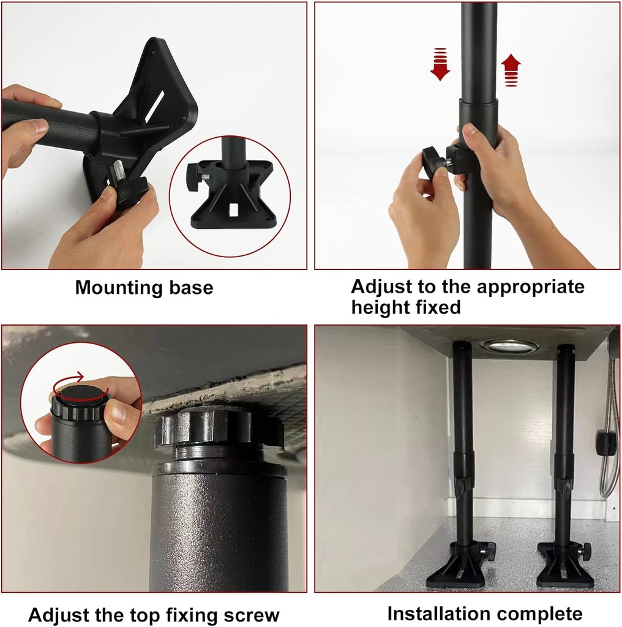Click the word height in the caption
(379, 307)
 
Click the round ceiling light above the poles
(509, 346)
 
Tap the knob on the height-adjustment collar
(433, 163)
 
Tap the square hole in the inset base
(233, 210)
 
